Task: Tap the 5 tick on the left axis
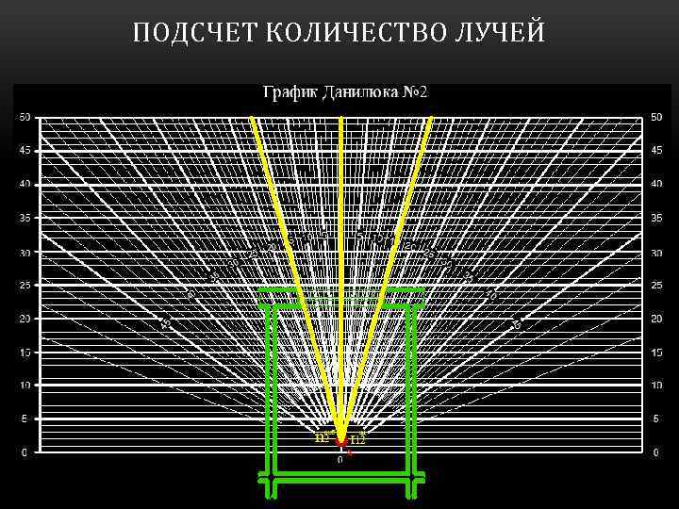click(x=26, y=419)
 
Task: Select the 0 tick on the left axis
click(x=26, y=452)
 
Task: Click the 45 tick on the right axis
click(x=656, y=151)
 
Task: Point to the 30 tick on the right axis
click(x=656, y=252)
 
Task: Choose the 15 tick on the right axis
click(x=656, y=353)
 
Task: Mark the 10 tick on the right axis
click(x=656, y=386)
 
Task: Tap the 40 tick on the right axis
click(x=656, y=184)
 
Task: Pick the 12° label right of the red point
click(x=357, y=439)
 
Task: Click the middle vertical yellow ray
click(x=340, y=283)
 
